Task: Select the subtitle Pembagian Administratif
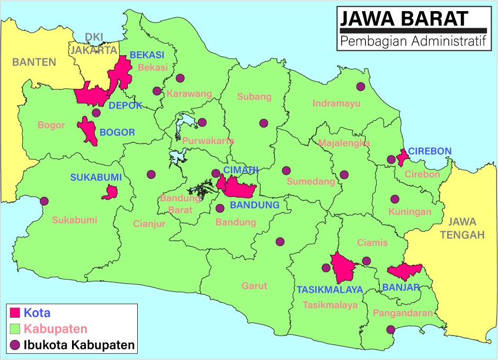[x=414, y=41]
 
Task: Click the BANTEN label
[x=34, y=62]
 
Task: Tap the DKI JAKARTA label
[x=94, y=44]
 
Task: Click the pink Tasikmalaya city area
[x=342, y=267]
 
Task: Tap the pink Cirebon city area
[x=402, y=157]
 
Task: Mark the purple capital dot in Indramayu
[x=361, y=86]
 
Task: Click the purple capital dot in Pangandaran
[x=390, y=330]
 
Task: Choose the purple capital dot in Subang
[x=263, y=123]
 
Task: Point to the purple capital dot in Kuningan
[x=395, y=199]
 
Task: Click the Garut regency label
[x=254, y=286]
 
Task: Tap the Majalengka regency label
[x=344, y=143]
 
